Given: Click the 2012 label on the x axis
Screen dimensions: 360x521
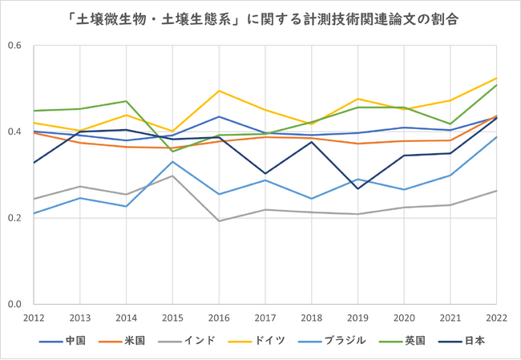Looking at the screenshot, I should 34,318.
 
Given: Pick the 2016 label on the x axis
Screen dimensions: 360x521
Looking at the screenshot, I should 220,318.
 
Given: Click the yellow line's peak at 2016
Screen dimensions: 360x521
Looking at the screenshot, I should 220,91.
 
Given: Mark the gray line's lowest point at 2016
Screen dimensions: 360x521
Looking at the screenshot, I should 220,220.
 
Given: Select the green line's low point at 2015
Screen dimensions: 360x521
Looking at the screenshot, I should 173,151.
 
